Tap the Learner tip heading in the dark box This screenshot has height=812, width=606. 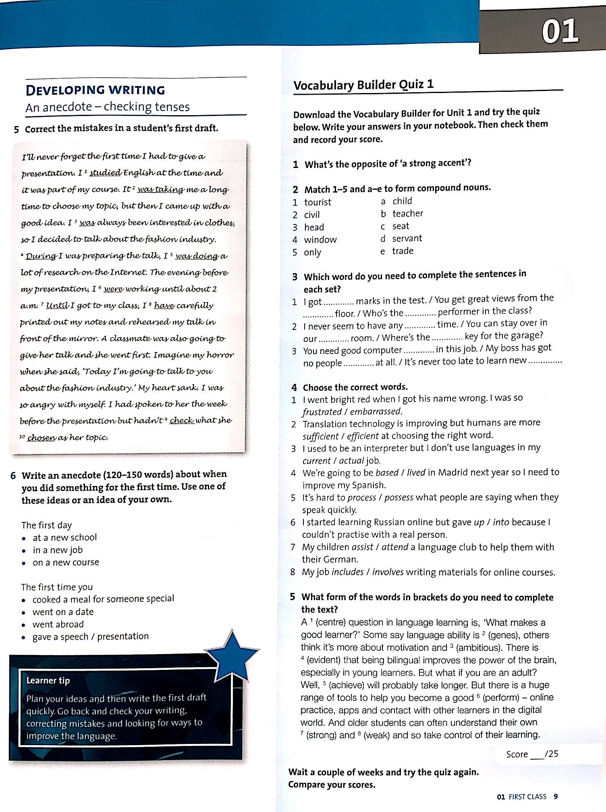[48, 680]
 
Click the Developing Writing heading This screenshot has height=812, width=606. [95, 90]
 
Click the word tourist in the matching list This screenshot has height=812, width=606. [318, 202]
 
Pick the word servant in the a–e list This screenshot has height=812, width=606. [407, 238]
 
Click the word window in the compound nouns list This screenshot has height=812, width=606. [320, 240]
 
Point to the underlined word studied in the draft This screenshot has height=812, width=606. [105, 173]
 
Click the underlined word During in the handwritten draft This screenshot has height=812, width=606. [41, 256]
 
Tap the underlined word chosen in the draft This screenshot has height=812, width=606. [41, 437]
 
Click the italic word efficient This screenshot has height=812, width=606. [362, 436]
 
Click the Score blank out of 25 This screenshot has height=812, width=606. [537, 754]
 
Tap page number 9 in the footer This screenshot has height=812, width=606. [556, 797]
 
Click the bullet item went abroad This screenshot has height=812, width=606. [58, 624]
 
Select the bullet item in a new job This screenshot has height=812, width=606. [58, 550]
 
